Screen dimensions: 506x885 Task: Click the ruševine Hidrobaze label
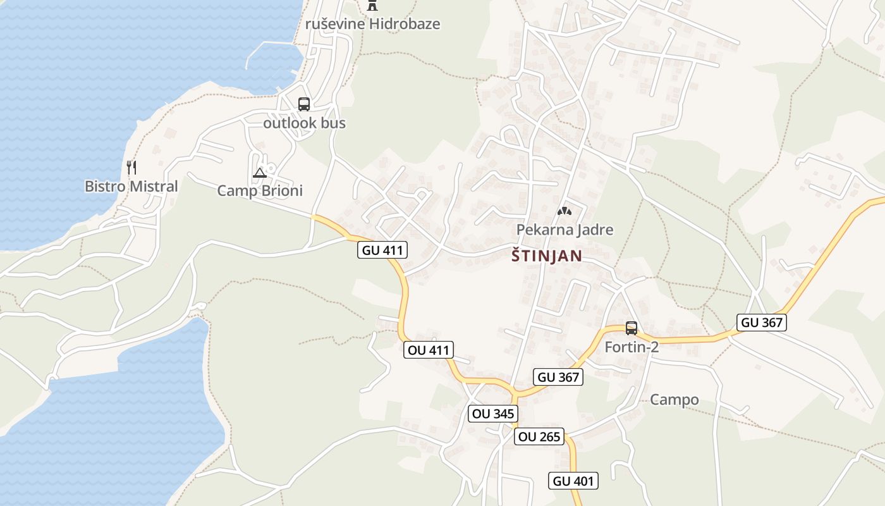pos(372,25)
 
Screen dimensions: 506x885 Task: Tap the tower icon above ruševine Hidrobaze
pos(372,6)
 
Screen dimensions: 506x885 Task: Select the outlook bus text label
pos(304,123)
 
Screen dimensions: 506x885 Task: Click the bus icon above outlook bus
pos(304,104)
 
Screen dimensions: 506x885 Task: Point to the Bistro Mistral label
pos(131,187)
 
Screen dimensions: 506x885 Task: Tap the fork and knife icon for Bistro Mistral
pos(131,168)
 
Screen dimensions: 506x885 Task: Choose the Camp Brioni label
pos(260,191)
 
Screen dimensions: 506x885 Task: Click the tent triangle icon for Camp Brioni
pos(260,173)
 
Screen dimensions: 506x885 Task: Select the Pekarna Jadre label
pos(565,230)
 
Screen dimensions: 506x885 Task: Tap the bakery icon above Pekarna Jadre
pos(564,211)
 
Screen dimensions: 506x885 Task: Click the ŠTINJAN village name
pos(546,256)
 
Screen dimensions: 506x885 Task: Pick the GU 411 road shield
pos(382,250)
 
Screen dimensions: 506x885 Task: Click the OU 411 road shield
pos(429,350)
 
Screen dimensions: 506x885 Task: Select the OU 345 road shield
pos(493,414)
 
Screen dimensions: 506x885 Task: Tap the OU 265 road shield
pos(539,437)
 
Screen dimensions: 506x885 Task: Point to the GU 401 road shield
pos(573,481)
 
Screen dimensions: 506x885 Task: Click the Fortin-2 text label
pos(632,347)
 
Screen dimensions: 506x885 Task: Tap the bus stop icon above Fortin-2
pos(631,328)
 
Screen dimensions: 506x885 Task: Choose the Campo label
pos(674,400)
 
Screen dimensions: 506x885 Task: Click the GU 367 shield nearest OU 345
pos(558,378)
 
